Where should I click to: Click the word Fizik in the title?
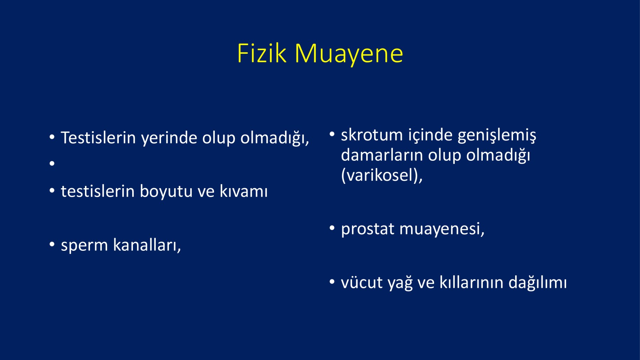tap(262, 54)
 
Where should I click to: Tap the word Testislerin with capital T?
tap(98, 138)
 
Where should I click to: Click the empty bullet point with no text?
tap(52, 163)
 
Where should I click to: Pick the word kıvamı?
tap(244, 191)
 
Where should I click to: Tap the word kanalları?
tap(147, 245)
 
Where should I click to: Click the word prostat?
tap(368, 229)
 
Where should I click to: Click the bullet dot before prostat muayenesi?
tap(332, 228)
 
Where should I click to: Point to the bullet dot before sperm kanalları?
tap(52, 244)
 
